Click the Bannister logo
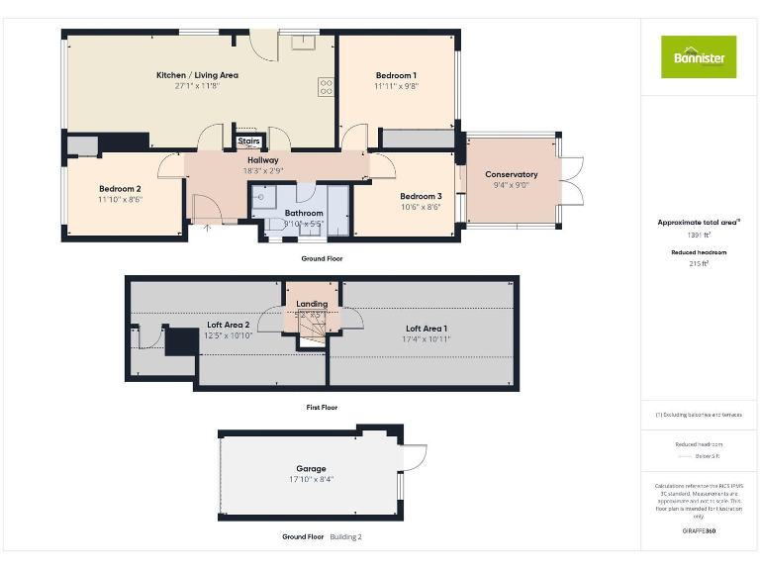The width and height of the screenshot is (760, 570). pyautogui.click(x=699, y=56)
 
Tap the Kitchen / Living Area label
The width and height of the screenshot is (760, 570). pyautogui.click(x=197, y=75)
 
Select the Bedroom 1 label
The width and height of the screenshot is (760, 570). pyautogui.click(x=396, y=75)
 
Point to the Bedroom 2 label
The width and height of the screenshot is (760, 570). pyautogui.click(x=120, y=188)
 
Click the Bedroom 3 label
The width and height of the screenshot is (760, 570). pyautogui.click(x=421, y=196)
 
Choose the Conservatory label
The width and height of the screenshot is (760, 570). pyautogui.click(x=511, y=174)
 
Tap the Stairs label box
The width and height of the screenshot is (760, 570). pyautogui.click(x=248, y=142)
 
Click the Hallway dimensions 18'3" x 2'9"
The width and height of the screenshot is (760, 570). pyautogui.click(x=263, y=171)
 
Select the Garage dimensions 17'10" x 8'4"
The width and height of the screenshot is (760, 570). pyautogui.click(x=311, y=480)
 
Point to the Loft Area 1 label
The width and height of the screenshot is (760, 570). pyautogui.click(x=427, y=328)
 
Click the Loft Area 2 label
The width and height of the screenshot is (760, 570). pyautogui.click(x=228, y=325)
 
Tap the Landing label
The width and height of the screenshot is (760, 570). pyautogui.click(x=312, y=304)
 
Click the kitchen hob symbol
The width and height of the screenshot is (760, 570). pyautogui.click(x=325, y=87)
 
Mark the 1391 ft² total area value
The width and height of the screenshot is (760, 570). pyautogui.click(x=699, y=236)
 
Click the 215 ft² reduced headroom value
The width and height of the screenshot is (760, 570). pyautogui.click(x=699, y=264)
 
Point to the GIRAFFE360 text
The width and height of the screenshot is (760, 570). pyautogui.click(x=699, y=531)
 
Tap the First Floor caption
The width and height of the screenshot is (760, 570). pyautogui.click(x=321, y=407)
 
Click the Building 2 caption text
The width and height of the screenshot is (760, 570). pyautogui.click(x=345, y=536)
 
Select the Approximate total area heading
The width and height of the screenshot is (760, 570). pyautogui.click(x=698, y=223)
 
